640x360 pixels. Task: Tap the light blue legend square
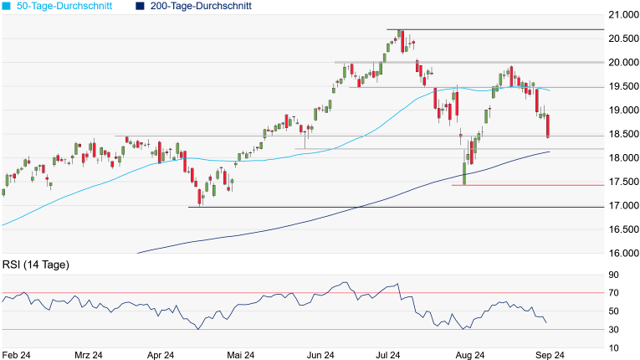(x=7, y=6)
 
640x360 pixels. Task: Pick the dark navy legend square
(x=141, y=6)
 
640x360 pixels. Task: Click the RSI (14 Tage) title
(x=35, y=265)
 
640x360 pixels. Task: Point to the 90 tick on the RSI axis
(x=614, y=275)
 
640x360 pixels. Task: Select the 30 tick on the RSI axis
(x=614, y=329)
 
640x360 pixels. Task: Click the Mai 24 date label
(x=240, y=355)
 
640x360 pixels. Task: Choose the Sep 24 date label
(x=550, y=355)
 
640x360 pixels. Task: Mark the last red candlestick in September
(x=548, y=126)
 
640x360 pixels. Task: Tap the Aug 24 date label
(x=471, y=355)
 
